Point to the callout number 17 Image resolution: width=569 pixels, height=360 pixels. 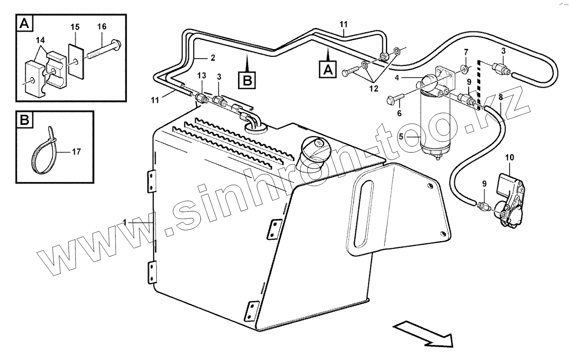(75, 152)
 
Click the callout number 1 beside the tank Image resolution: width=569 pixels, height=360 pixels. (124, 222)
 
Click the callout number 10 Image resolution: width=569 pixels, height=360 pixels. (510, 158)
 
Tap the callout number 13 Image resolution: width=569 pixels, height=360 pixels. (201, 76)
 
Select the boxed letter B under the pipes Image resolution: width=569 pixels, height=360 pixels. (246, 80)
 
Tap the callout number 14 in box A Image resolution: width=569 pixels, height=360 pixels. (40, 40)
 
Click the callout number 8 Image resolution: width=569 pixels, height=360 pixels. (500, 97)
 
